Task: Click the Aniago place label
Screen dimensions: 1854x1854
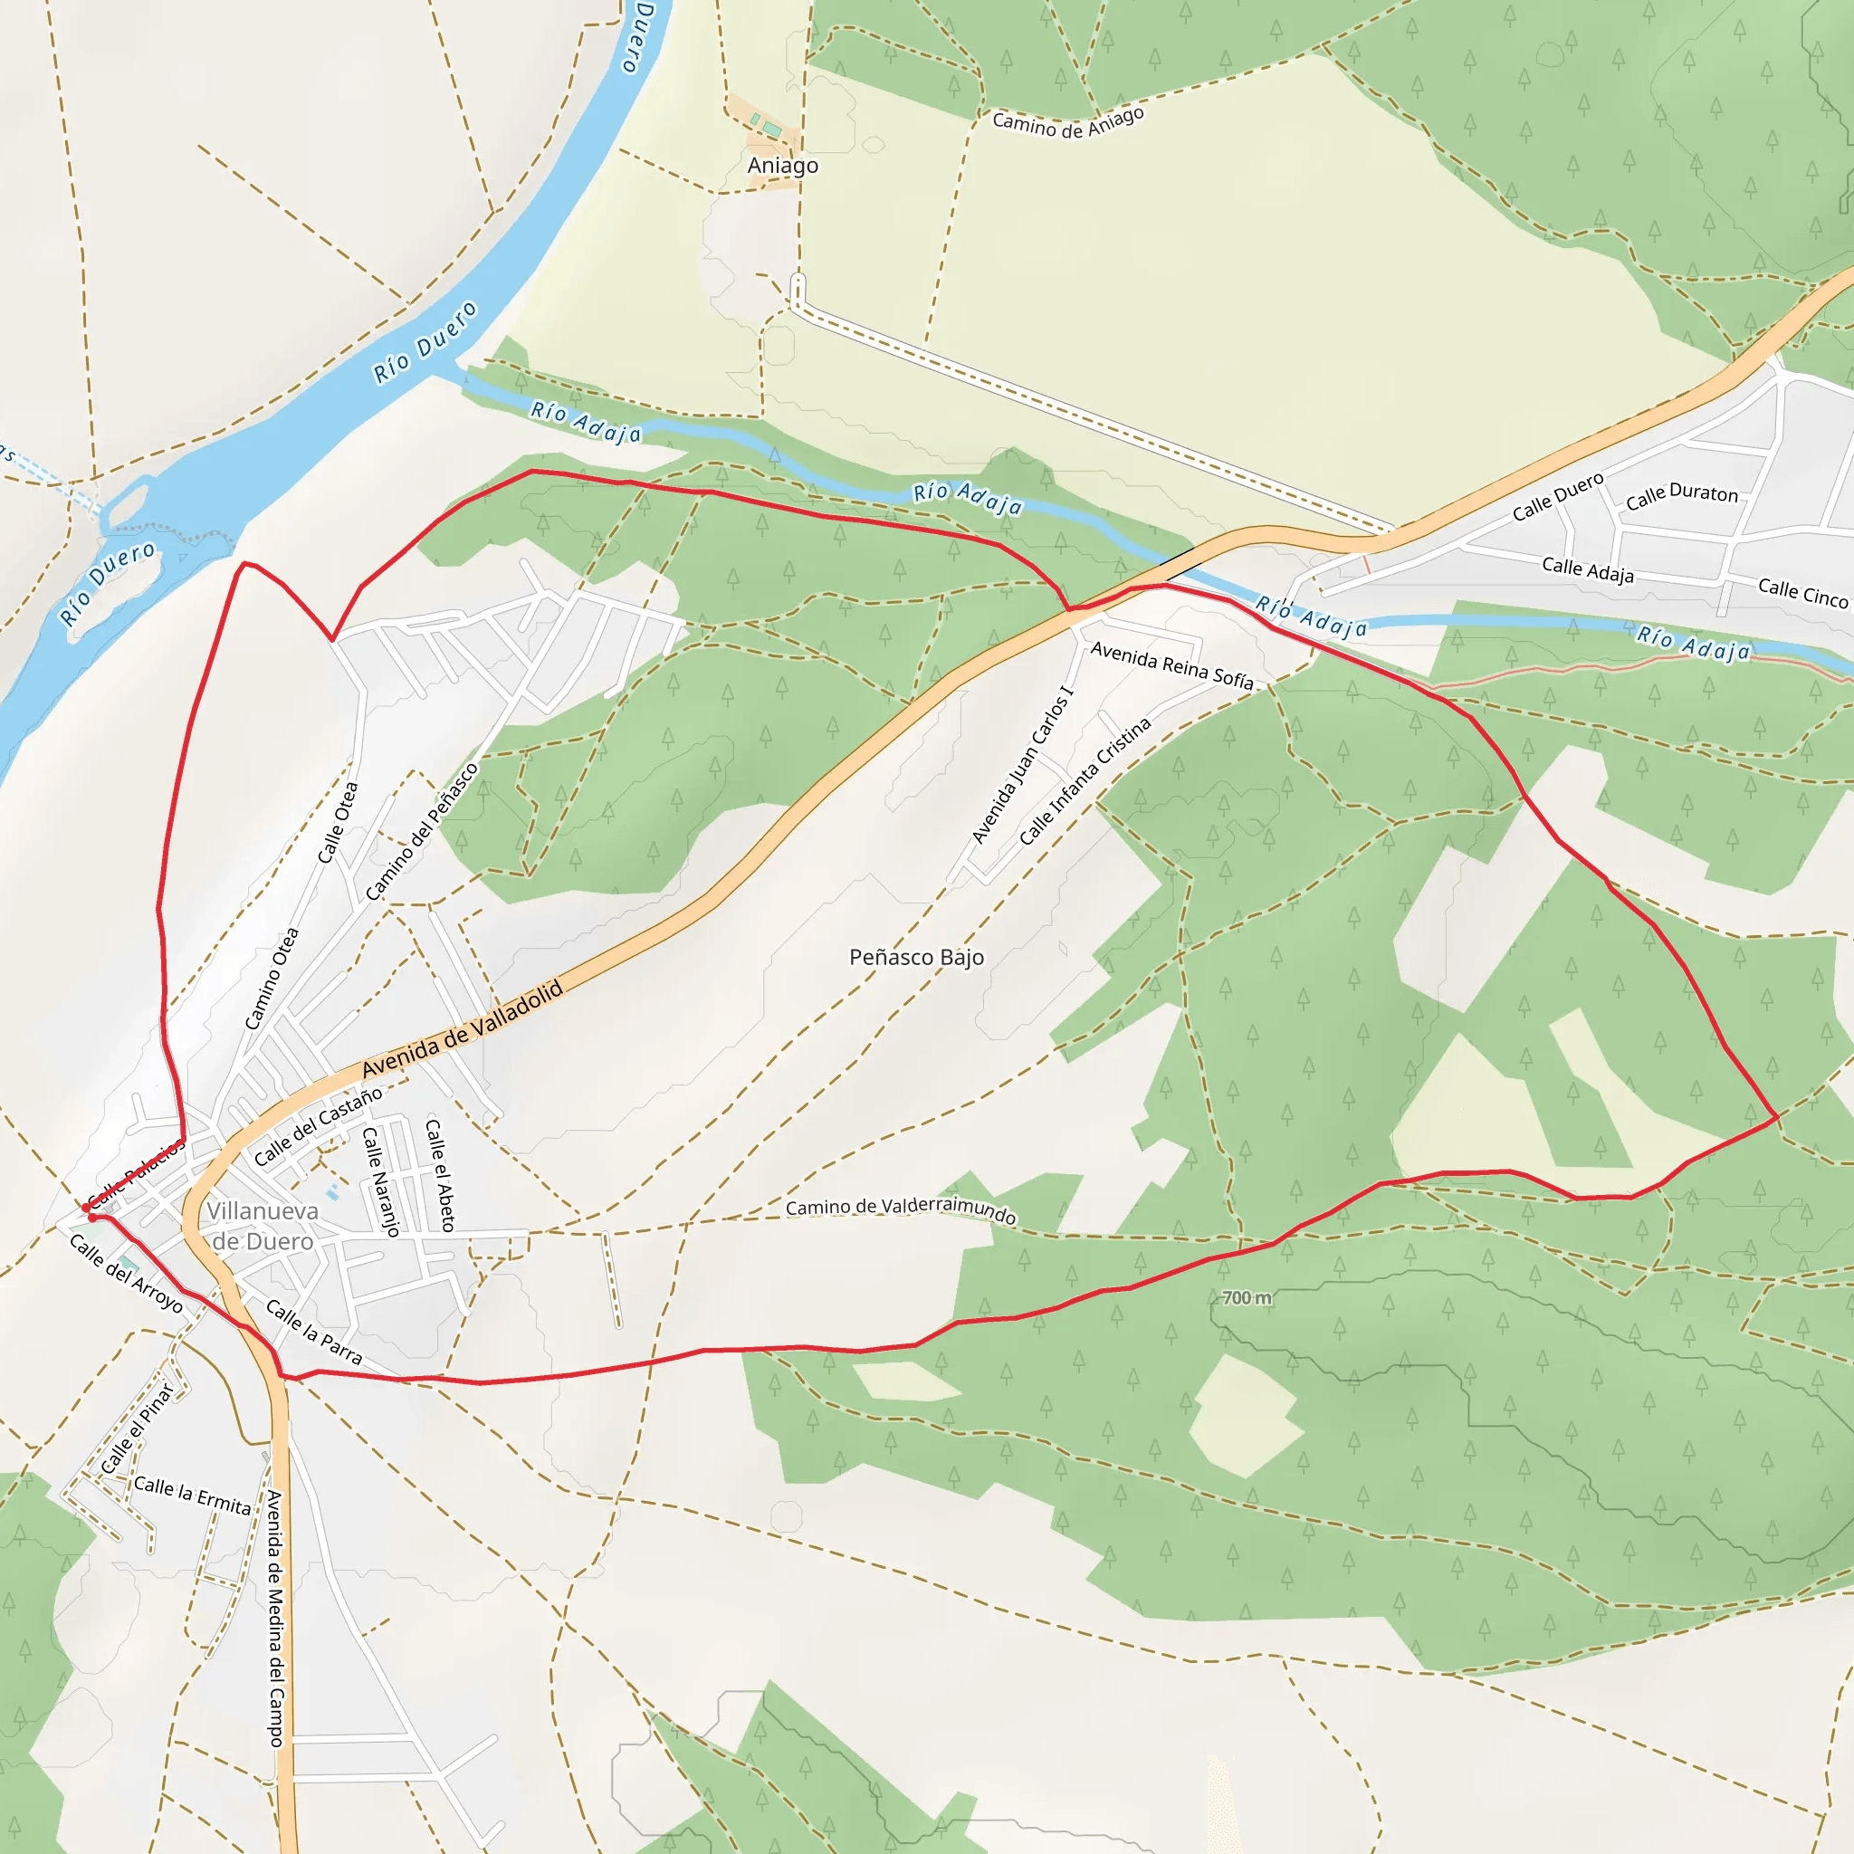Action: click(783, 166)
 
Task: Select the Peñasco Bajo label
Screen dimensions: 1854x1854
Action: click(916, 957)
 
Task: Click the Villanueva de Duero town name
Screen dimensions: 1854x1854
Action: click(262, 1227)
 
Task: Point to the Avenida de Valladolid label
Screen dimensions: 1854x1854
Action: click(462, 1029)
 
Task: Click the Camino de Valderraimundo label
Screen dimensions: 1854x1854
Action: click(900, 1209)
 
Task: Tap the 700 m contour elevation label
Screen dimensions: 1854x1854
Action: click(1247, 1297)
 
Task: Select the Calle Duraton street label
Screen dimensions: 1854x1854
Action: click(1681, 495)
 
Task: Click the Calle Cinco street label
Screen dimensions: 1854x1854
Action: click(1802, 593)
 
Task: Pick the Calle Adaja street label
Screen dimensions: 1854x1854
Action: click(1587, 570)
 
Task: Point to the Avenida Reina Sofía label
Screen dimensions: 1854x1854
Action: click(1171, 665)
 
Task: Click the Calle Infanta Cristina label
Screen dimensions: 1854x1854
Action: click(1085, 782)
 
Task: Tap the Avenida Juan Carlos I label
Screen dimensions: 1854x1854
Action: click(1022, 765)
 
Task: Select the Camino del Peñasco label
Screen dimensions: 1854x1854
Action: click(421, 832)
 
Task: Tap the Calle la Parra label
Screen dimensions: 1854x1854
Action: click(314, 1333)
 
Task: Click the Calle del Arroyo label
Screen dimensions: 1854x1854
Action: click(126, 1274)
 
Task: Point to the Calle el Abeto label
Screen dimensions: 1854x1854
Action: click(439, 1174)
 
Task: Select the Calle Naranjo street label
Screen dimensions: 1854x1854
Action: click(380, 1181)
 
